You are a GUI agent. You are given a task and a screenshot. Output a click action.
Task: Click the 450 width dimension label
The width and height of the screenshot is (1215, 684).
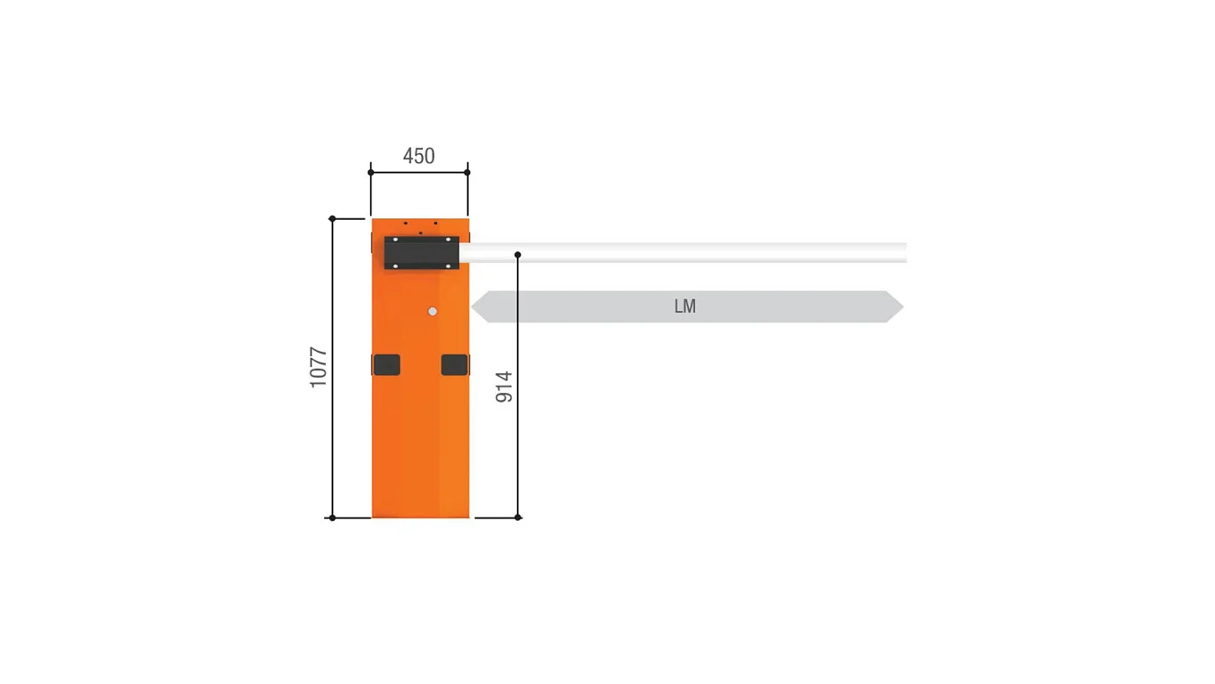pyautogui.click(x=418, y=157)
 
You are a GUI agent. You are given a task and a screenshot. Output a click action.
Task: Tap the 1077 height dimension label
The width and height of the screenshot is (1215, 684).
pyautogui.click(x=319, y=367)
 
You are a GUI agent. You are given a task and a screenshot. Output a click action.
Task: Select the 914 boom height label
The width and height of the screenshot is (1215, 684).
pyautogui.click(x=504, y=387)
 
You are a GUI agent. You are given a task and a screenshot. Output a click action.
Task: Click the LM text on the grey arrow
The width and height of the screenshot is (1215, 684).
pyautogui.click(x=685, y=306)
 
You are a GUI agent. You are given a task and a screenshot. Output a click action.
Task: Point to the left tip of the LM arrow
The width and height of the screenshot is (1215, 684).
pyautogui.click(x=472, y=306)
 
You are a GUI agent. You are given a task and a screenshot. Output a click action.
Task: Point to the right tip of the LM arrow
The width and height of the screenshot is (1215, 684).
pyautogui.click(x=903, y=306)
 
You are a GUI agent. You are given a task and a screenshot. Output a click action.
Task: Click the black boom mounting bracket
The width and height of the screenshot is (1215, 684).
pyautogui.click(x=421, y=253)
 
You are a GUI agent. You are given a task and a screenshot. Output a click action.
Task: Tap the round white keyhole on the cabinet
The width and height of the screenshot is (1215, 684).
pyautogui.click(x=433, y=312)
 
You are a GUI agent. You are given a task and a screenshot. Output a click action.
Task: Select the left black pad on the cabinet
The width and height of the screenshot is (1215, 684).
pyautogui.click(x=386, y=365)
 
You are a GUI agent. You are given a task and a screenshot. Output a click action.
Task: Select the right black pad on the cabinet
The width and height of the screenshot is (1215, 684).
pyautogui.click(x=455, y=365)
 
